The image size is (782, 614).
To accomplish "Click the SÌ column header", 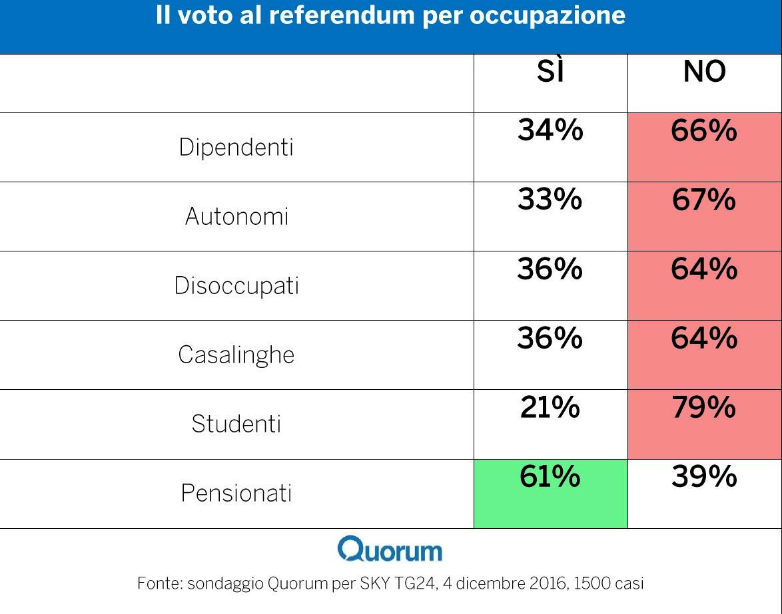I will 550,72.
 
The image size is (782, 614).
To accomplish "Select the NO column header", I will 704,72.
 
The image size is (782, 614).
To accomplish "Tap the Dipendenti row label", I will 236,147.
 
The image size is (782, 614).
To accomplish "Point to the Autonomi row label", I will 236,216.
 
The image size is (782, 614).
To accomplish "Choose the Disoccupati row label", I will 236,285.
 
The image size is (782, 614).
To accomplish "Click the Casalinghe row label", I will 236,355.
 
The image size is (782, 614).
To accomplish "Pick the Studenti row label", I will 236,424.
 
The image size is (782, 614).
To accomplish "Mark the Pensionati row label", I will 236,493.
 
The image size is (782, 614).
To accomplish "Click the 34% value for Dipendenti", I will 550,130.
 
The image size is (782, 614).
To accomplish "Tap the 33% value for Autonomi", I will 550,200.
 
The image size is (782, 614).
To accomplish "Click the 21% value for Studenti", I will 550,407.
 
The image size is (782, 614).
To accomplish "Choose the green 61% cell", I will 550,492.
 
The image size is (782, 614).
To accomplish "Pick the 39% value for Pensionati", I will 704,476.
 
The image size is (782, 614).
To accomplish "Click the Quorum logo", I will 390,550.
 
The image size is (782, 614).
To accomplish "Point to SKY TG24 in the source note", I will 397,584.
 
